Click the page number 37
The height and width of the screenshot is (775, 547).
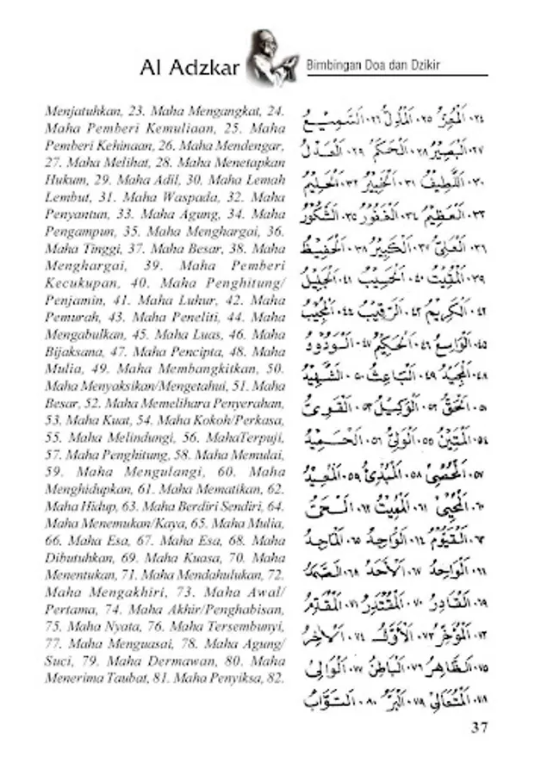480,727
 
